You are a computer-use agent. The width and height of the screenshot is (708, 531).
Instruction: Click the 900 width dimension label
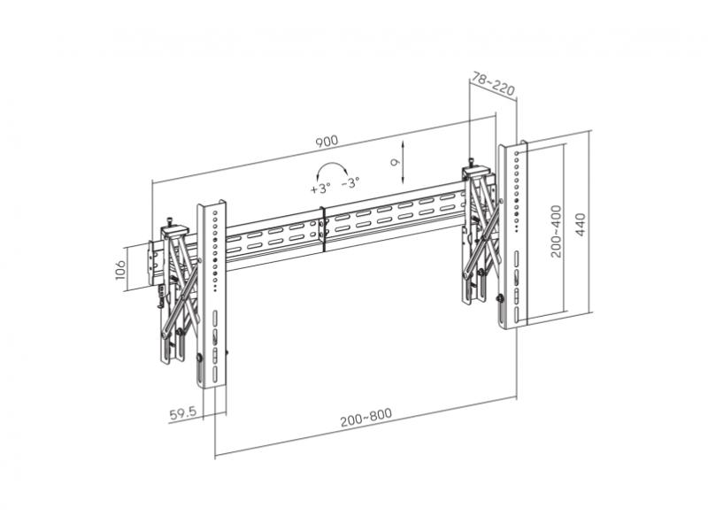pos(327,142)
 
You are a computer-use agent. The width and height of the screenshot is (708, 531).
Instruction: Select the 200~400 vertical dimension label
pos(557,232)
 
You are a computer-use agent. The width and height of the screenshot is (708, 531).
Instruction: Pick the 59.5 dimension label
pos(183,413)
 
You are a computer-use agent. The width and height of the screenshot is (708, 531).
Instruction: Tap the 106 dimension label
pos(120,270)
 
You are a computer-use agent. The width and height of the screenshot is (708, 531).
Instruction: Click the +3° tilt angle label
pos(320,188)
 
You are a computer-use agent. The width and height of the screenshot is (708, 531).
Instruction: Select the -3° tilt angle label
pos(350,183)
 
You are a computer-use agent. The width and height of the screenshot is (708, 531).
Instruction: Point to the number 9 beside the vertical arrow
pos(394,162)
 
